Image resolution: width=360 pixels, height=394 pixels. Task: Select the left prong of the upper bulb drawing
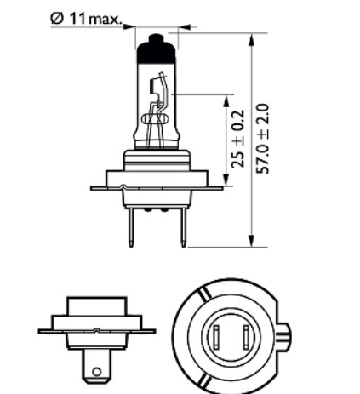click(x=133, y=227)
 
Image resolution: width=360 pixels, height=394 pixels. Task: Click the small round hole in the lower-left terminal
click(x=97, y=371)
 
